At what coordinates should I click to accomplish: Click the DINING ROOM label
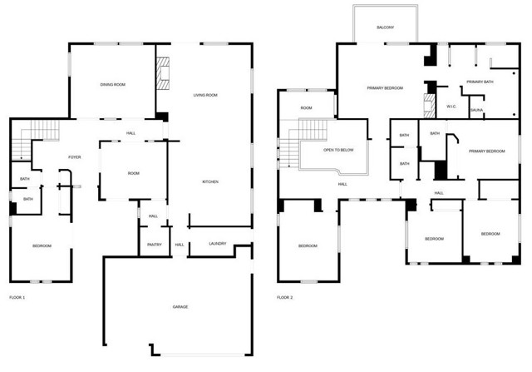[x=113, y=85]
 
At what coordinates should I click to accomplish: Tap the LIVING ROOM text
[x=205, y=95]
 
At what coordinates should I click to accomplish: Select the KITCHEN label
[x=210, y=181]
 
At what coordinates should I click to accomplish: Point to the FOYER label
[x=75, y=157]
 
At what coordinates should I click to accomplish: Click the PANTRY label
[x=155, y=245]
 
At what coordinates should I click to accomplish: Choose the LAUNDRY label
[x=218, y=244]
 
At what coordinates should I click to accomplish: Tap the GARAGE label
[x=180, y=307]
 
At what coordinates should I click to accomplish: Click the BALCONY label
[x=386, y=27]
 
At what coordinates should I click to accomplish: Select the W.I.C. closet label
[x=451, y=107]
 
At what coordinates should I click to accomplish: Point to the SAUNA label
[x=476, y=110]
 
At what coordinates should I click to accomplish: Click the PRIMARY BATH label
[x=480, y=82]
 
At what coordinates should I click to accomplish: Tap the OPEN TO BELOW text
[x=338, y=150]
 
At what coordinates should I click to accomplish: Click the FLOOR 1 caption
[x=17, y=298]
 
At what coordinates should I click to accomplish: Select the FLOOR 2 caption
[x=284, y=298]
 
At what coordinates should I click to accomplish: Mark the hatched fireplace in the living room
[x=163, y=73]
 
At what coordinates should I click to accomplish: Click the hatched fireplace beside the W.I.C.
[x=429, y=106]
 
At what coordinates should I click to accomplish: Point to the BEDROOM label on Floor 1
[x=42, y=246]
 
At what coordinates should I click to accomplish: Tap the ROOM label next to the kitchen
[x=134, y=173]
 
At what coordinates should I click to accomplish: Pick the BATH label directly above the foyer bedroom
[x=28, y=199]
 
